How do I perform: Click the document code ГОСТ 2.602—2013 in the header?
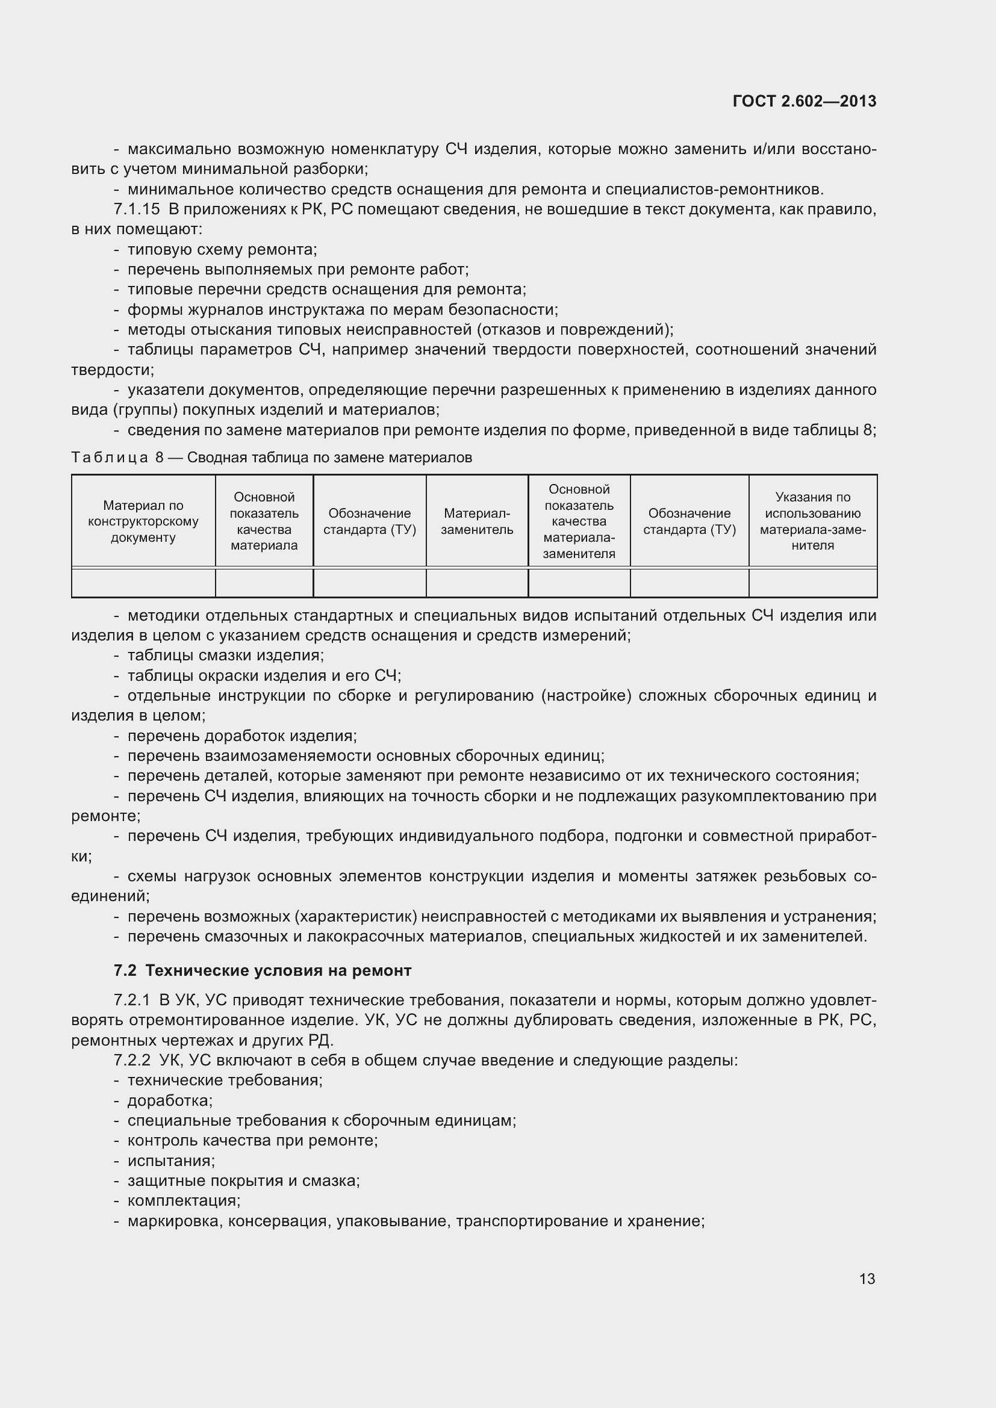(x=804, y=101)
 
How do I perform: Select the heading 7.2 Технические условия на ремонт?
(x=263, y=971)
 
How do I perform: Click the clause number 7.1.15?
(x=136, y=209)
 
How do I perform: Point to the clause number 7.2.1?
(x=132, y=1001)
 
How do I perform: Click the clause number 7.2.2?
(x=132, y=1060)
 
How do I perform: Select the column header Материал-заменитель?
(x=476, y=521)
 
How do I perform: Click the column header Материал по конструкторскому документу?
(x=143, y=521)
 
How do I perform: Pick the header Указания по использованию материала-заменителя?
(x=812, y=521)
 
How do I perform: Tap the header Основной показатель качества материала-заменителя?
(x=578, y=521)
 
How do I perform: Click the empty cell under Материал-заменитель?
(x=476, y=583)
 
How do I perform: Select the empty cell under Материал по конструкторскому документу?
(x=143, y=583)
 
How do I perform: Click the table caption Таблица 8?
(x=117, y=457)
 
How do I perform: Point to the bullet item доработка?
(x=169, y=1101)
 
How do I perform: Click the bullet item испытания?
(x=170, y=1161)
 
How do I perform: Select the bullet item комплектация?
(x=184, y=1201)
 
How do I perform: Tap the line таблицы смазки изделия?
(x=225, y=656)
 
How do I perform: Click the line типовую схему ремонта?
(x=222, y=250)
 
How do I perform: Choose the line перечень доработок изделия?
(x=241, y=736)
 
